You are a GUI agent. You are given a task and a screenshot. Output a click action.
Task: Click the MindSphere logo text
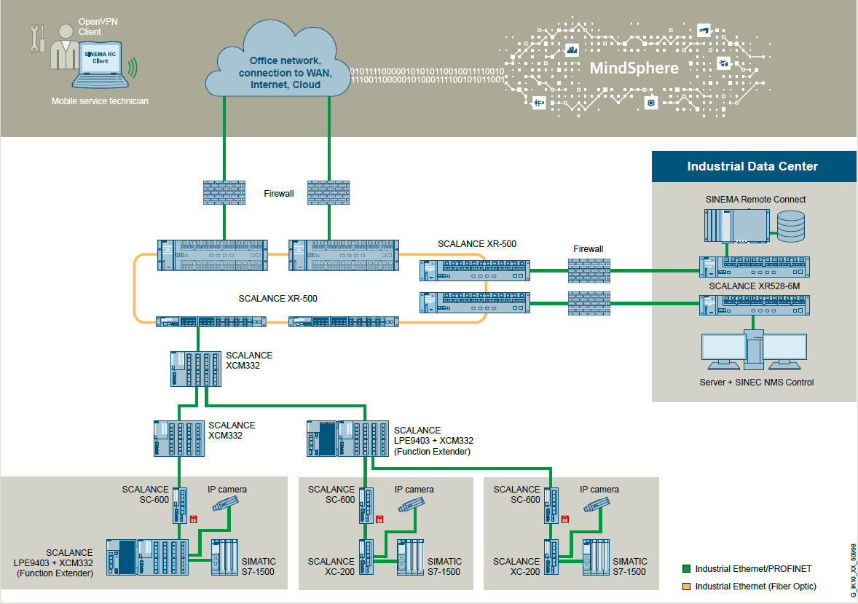click(633, 68)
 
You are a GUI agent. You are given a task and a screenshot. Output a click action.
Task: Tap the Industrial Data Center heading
click(752, 166)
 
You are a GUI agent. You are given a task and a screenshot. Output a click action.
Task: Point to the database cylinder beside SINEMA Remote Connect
click(790, 226)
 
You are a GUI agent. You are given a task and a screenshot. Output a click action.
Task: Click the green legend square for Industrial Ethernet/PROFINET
click(685, 568)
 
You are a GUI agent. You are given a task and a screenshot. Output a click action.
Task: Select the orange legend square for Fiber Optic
click(685, 586)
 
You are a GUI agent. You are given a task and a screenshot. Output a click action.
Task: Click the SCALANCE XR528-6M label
click(754, 286)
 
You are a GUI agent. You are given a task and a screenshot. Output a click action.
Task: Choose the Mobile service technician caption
click(100, 101)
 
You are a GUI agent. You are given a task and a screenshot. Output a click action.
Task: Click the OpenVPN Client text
click(98, 27)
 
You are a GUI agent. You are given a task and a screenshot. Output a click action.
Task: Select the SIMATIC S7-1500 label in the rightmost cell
click(629, 566)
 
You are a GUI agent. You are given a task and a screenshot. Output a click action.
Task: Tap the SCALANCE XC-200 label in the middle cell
click(331, 566)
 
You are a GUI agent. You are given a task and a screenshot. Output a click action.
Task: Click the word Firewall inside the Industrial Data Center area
click(588, 249)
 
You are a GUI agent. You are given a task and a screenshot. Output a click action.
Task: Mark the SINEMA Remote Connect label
click(755, 199)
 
